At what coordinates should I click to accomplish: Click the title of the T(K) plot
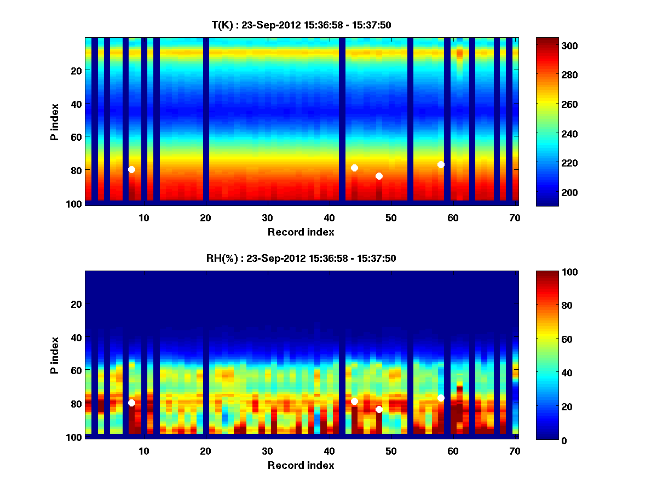click(x=301, y=25)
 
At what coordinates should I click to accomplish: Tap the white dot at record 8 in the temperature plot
click(x=131, y=169)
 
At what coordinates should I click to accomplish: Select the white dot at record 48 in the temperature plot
click(x=379, y=176)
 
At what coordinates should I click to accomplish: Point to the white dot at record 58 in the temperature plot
click(x=441, y=164)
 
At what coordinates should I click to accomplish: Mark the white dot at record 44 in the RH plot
click(x=354, y=401)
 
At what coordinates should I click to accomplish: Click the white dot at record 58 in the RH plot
click(x=441, y=398)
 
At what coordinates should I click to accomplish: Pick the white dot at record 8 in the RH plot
click(x=131, y=403)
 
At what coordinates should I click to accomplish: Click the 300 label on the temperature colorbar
click(x=555, y=45)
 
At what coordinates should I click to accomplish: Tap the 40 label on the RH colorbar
click(x=550, y=372)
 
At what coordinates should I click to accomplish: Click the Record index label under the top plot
click(x=301, y=232)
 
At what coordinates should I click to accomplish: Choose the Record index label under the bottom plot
click(x=301, y=465)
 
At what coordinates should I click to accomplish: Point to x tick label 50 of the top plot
click(x=391, y=217)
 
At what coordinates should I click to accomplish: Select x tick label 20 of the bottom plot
click(x=205, y=451)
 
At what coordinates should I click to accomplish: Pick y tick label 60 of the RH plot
click(x=76, y=371)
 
